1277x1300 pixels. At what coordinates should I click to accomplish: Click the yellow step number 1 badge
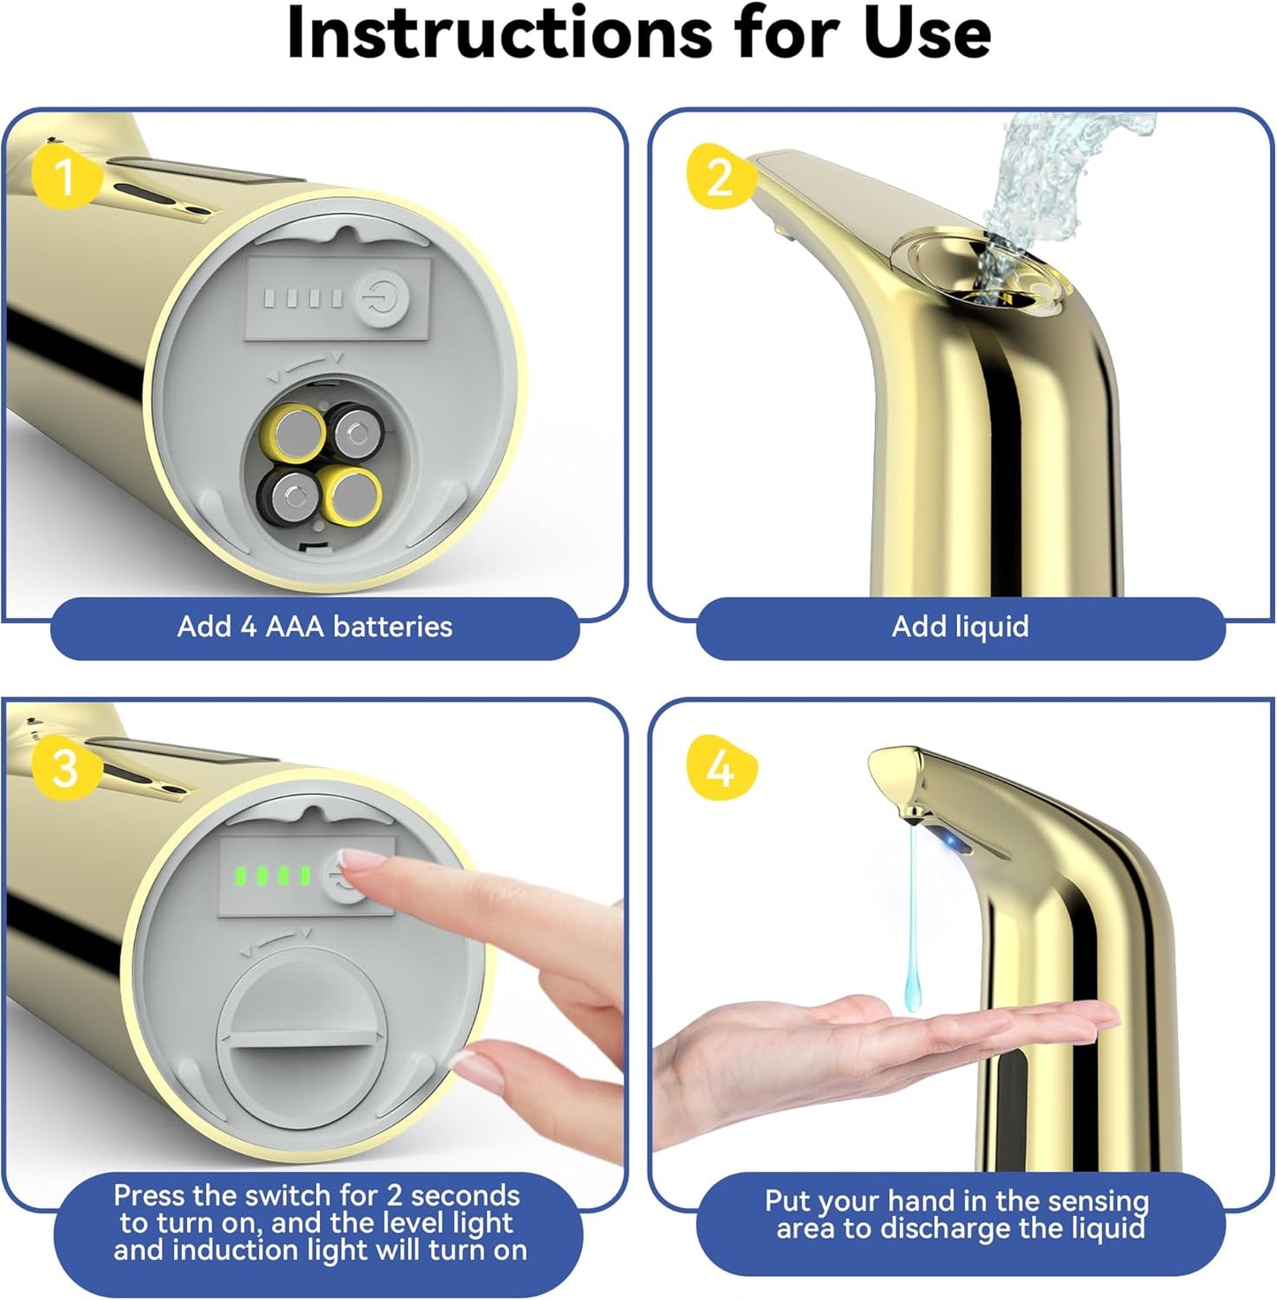(64, 176)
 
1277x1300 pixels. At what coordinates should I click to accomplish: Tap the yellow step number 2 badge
(719, 176)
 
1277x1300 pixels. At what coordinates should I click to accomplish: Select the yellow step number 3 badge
(65, 767)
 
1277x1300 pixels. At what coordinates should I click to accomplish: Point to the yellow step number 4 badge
(720, 767)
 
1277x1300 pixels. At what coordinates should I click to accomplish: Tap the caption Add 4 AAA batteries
(315, 627)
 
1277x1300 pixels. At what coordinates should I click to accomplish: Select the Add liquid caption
(960, 627)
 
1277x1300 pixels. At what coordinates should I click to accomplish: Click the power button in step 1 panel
(383, 299)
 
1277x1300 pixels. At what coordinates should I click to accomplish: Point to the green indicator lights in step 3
(270, 876)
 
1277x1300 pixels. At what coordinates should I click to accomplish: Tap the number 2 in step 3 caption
(394, 1196)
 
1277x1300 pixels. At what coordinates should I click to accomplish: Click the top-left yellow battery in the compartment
(296, 432)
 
